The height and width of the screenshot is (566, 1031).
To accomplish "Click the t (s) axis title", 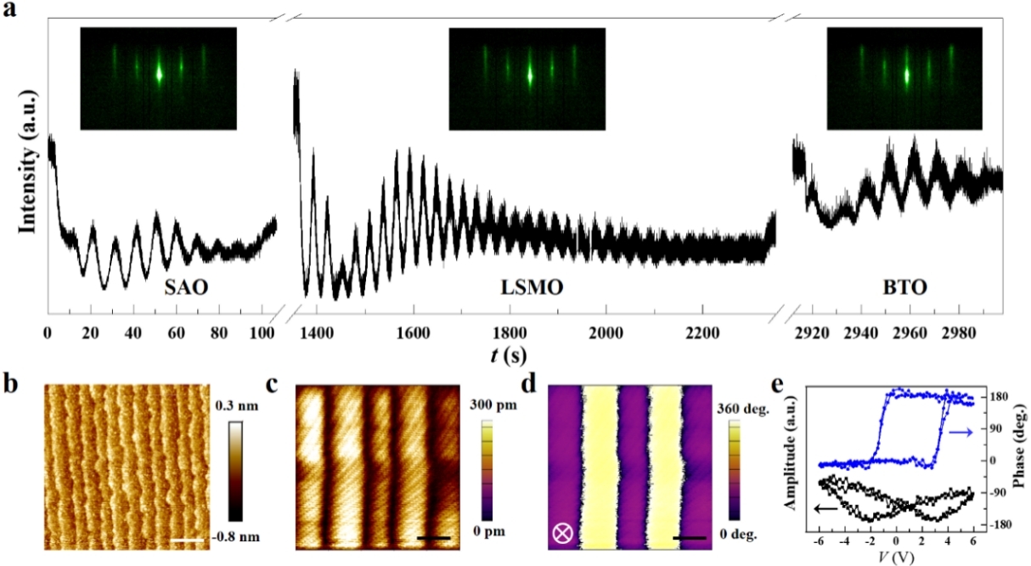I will [508, 350].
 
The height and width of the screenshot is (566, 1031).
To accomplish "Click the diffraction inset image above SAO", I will [158, 78].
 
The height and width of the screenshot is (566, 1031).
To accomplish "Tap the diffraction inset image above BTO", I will [905, 78].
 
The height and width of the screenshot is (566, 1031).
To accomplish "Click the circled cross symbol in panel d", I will [562, 534].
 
